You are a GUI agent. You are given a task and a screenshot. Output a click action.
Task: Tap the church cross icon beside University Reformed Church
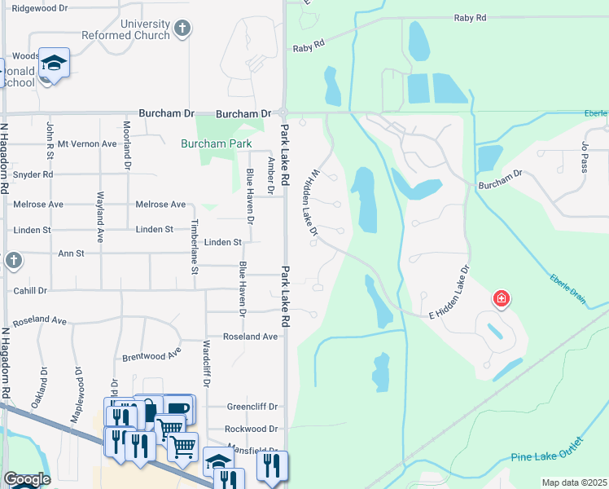[183, 29]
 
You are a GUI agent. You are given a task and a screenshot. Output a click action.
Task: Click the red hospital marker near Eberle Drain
[502, 298]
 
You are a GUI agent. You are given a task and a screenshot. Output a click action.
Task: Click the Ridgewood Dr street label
[40, 7]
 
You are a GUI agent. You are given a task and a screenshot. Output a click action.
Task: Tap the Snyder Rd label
[33, 174]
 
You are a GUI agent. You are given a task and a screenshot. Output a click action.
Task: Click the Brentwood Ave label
[151, 356]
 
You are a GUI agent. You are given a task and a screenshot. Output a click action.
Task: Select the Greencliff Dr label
[252, 407]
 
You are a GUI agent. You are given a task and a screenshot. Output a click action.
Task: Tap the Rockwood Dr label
[252, 429]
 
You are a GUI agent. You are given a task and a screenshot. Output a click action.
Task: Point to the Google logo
[28, 479]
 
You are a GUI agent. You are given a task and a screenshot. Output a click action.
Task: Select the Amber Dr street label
[271, 174]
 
